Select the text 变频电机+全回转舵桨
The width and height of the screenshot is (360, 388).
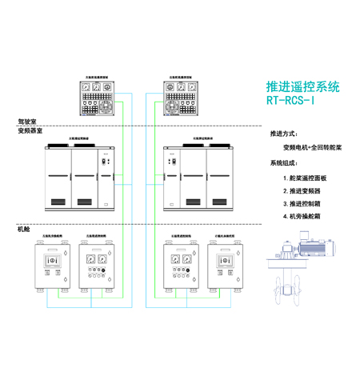click(312, 148)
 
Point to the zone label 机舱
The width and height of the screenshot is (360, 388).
click(23, 230)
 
